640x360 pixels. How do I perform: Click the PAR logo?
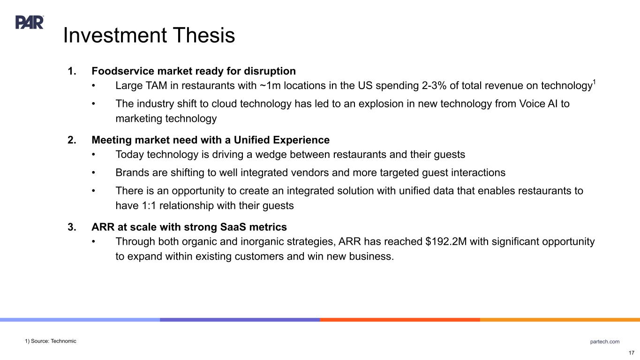coord(30,22)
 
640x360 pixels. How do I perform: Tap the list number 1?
coord(72,71)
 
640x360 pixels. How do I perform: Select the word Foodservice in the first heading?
coord(122,71)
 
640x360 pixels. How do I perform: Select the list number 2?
coord(72,140)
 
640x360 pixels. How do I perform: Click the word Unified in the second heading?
coord(252,140)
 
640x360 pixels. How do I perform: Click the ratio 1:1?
coord(149,205)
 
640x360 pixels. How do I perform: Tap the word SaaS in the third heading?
coord(233,227)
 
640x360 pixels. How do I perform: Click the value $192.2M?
coord(446,241)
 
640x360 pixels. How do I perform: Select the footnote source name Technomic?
coord(63,341)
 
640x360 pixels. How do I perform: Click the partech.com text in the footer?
coord(605,341)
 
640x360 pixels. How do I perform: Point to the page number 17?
coord(632,352)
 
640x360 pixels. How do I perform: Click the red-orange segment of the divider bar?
coord(400,320)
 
